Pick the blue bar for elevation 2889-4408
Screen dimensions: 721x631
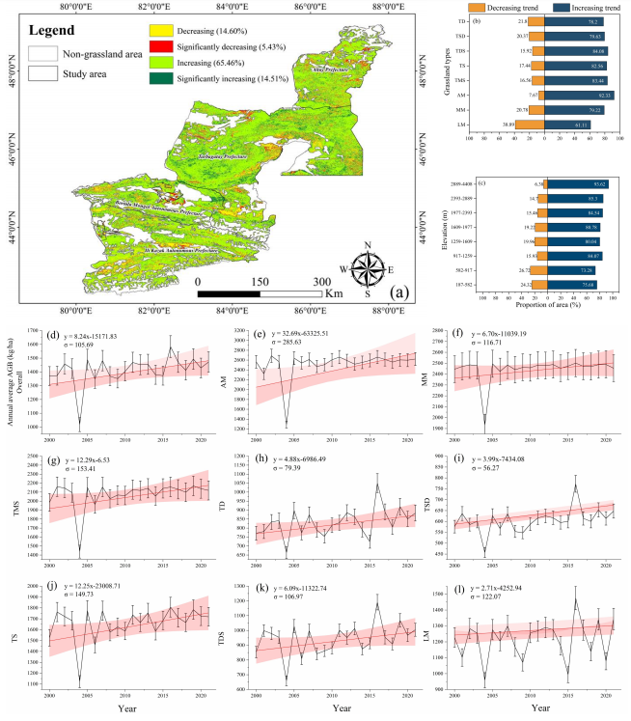click(576, 183)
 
